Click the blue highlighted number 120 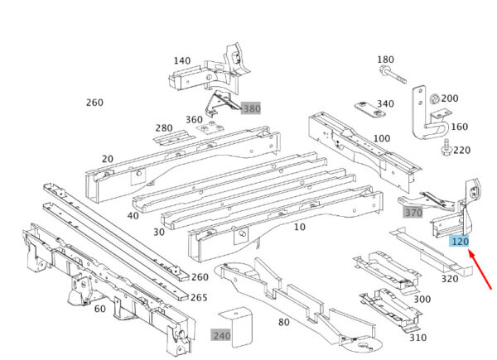(x=460, y=242)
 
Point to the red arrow (x=483, y=271)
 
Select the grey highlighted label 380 (x=251, y=108)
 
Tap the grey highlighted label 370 (x=413, y=213)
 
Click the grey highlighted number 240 (x=221, y=335)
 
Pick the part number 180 (x=386, y=60)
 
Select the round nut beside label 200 (x=434, y=99)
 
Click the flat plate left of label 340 (x=364, y=108)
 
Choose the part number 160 (x=460, y=127)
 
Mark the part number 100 (x=382, y=138)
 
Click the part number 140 (x=182, y=61)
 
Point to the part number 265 (x=200, y=298)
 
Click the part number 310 (x=417, y=338)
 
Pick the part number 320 (x=450, y=279)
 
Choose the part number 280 (x=164, y=128)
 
